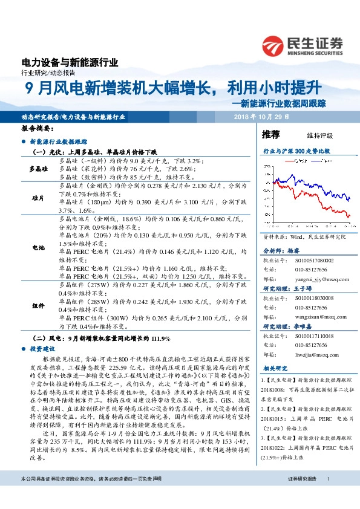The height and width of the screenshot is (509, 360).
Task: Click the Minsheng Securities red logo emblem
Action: click(x=273, y=45)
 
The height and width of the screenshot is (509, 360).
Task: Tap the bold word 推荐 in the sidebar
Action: click(x=271, y=134)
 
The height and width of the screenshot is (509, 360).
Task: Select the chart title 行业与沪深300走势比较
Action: click(x=295, y=149)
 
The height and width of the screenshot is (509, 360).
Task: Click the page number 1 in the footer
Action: click(x=327, y=496)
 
